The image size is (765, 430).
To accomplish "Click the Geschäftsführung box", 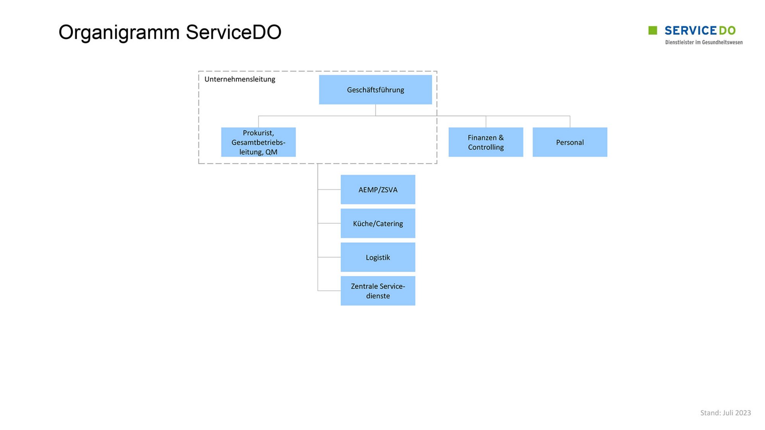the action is pyautogui.click(x=375, y=89).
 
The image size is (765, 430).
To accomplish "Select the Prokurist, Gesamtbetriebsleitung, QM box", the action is pyautogui.click(x=258, y=142).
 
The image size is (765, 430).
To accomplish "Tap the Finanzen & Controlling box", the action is pyautogui.click(x=486, y=142).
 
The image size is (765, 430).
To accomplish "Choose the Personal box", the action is pyautogui.click(x=570, y=142).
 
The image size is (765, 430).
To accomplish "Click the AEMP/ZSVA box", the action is pyautogui.click(x=378, y=190).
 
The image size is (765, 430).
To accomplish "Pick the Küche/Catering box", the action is pyautogui.click(x=378, y=223).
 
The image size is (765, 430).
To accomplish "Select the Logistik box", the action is pyautogui.click(x=378, y=257).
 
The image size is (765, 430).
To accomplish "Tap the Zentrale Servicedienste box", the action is pyautogui.click(x=378, y=291).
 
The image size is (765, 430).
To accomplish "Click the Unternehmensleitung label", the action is pyautogui.click(x=240, y=79).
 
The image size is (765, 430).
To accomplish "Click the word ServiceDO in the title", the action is pyautogui.click(x=234, y=32).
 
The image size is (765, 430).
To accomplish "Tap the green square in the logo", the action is pyautogui.click(x=653, y=30).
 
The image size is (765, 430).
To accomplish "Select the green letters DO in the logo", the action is pyautogui.click(x=727, y=31).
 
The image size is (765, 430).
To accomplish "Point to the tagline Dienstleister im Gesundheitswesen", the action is pyautogui.click(x=704, y=42).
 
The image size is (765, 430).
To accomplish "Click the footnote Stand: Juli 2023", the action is pyautogui.click(x=726, y=413).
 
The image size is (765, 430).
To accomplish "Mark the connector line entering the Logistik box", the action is pyautogui.click(x=329, y=257).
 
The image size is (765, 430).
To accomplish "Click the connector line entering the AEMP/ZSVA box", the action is pyautogui.click(x=329, y=190).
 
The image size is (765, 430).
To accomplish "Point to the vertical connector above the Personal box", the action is pyautogui.click(x=570, y=122).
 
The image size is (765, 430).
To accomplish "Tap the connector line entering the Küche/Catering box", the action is pyautogui.click(x=329, y=223).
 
